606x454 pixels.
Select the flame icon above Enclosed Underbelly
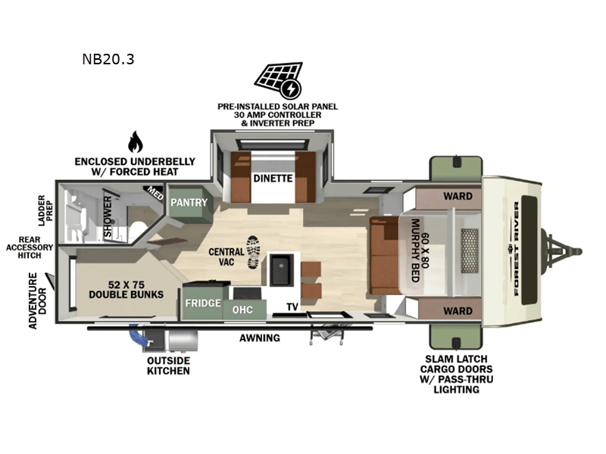coord(135,141)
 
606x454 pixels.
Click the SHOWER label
coord(108,217)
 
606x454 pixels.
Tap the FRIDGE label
coord(202,303)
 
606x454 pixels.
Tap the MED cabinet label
coord(155,194)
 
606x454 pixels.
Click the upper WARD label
coord(458,196)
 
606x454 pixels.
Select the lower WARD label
coord(458,310)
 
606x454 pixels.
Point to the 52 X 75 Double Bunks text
coord(126,289)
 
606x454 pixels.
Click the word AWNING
coord(260,337)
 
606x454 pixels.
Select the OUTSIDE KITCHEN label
coord(168,365)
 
